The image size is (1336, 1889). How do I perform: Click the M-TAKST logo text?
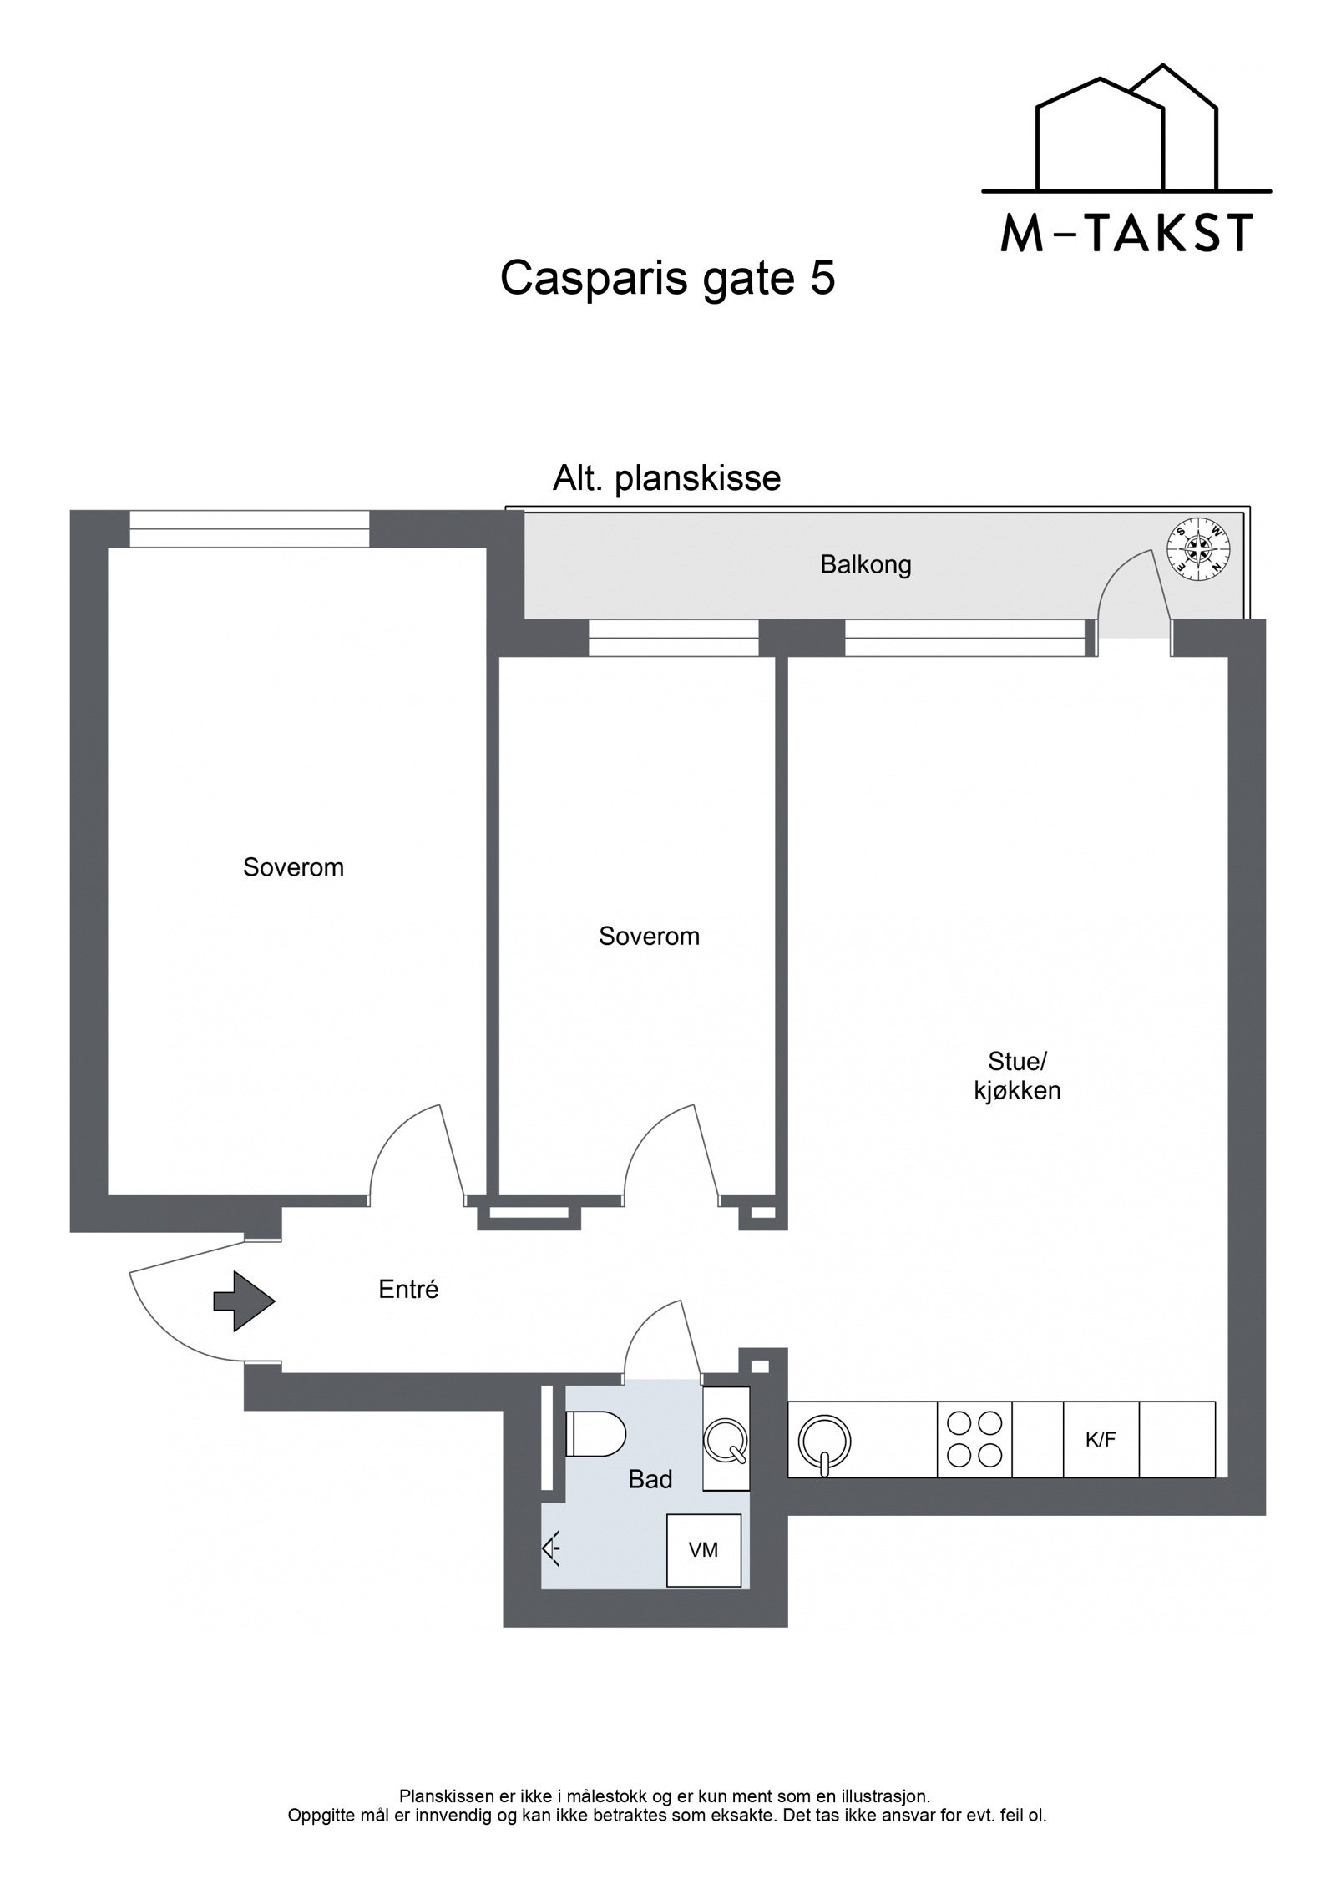(1126, 234)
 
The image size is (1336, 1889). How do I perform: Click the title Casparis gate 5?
(666, 278)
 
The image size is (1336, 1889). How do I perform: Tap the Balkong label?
(865, 565)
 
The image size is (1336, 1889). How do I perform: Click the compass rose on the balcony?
(1199, 547)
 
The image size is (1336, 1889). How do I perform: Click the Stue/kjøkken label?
(1016, 1076)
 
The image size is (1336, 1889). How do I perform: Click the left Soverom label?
(293, 867)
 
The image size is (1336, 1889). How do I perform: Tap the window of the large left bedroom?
(249, 528)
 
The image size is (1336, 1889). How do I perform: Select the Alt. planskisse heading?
(666, 479)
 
